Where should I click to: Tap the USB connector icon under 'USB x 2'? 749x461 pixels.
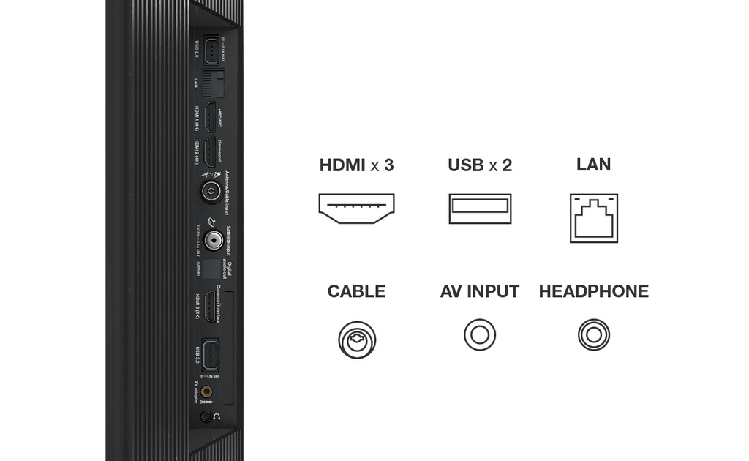click(479, 209)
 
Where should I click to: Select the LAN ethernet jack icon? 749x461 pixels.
click(593, 218)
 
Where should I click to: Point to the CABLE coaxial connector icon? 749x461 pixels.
click(357, 340)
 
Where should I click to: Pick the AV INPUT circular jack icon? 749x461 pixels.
click(479, 336)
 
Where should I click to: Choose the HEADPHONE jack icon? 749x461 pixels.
click(593, 336)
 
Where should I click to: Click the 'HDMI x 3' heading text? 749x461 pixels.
click(356, 165)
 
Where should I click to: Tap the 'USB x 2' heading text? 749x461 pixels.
click(479, 165)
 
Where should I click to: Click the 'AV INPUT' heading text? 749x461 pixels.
click(479, 291)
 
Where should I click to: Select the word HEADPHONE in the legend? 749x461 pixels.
click(593, 291)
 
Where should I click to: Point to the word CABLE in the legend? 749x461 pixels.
click(356, 291)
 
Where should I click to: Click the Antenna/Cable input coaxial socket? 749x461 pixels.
click(211, 193)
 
